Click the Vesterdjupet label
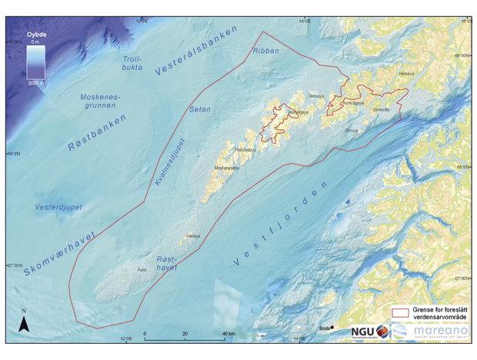pos(58,208)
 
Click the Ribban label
pos(266,51)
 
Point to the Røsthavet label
pos(167,264)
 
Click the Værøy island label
pos(192,236)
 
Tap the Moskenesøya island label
pos(226,167)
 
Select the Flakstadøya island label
pos(245,148)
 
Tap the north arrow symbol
pos(24,322)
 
